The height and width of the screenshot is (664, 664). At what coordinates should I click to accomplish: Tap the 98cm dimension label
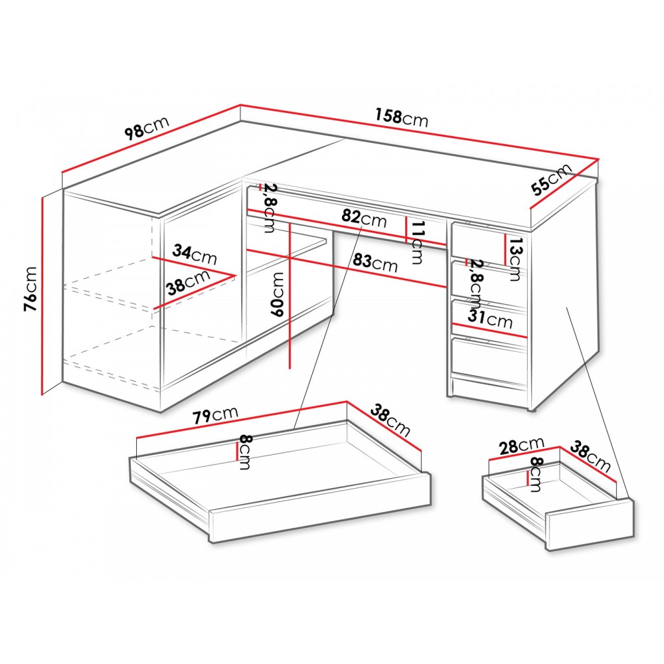pyautogui.click(x=147, y=127)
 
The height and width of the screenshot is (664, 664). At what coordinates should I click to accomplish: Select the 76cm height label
pyautogui.click(x=31, y=290)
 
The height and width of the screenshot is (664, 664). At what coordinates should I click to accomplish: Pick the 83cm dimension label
pyautogui.click(x=375, y=262)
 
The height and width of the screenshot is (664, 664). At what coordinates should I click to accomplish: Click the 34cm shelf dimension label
pyautogui.click(x=195, y=254)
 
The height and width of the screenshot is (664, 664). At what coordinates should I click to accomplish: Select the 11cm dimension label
pyautogui.click(x=417, y=242)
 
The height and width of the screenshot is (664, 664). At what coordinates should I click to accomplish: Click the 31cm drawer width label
pyautogui.click(x=490, y=319)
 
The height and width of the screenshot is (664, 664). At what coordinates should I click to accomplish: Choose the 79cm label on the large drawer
pyautogui.click(x=216, y=414)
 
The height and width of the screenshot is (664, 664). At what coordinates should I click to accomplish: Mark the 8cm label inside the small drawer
pyautogui.click(x=535, y=474)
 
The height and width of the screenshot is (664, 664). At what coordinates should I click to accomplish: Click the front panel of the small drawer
pyautogui.click(x=591, y=525)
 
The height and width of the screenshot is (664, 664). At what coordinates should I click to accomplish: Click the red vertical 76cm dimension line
pyautogui.click(x=42, y=295)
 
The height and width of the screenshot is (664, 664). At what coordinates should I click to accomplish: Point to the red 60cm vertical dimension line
pyautogui.click(x=290, y=295)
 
